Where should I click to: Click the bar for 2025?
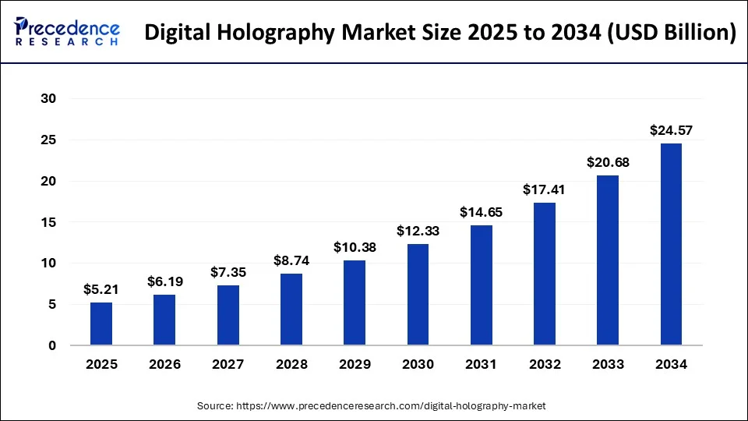click(101, 324)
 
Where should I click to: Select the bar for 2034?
click(671, 244)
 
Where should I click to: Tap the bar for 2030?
click(418, 295)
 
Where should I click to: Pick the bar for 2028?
click(291, 310)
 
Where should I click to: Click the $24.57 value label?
click(671, 131)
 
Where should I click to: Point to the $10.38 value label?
click(355, 247)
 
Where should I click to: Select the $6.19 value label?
click(164, 281)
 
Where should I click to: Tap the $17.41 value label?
click(544, 189)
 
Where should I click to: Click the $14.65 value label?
click(481, 212)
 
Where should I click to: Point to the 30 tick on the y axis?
click(49, 99)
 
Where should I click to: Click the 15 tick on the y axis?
click(49, 222)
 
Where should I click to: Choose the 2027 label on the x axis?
click(228, 364)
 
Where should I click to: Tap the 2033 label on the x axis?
click(608, 364)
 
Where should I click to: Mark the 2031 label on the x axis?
click(481, 364)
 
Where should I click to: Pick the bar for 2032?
click(544, 274)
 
